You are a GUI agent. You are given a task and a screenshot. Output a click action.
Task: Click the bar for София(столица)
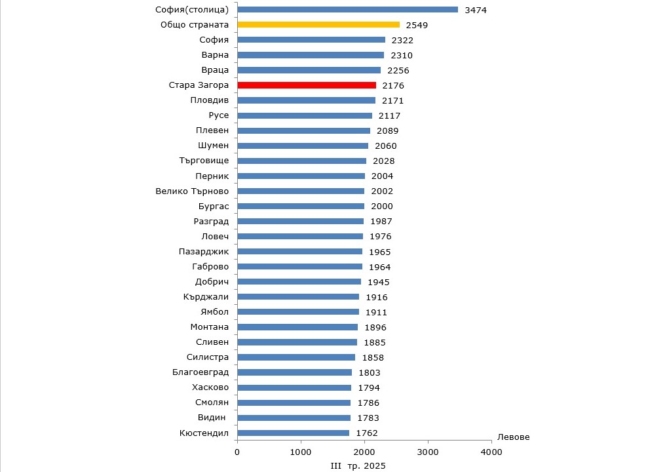pyautogui.click(x=347, y=10)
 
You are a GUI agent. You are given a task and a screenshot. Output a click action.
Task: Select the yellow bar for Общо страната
pyautogui.click(x=318, y=25)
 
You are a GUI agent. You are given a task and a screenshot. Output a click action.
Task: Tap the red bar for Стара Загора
pyautogui.click(x=307, y=85)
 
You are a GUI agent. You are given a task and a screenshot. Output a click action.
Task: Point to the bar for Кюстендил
pyautogui.click(x=293, y=433)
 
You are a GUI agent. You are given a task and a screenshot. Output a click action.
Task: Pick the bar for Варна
pyautogui.click(x=311, y=55)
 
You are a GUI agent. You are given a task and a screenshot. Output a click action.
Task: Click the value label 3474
pyautogui.click(x=476, y=10)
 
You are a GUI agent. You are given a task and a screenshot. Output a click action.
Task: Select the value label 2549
pyautogui.click(x=417, y=26)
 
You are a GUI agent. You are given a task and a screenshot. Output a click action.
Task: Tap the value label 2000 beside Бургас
pyautogui.click(x=382, y=206)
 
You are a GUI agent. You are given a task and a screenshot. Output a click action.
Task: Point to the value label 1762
pyautogui.click(x=367, y=433)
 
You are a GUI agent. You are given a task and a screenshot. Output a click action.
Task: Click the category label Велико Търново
pyautogui.click(x=192, y=191)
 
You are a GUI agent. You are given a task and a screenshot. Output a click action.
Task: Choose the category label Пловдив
pyautogui.click(x=209, y=100)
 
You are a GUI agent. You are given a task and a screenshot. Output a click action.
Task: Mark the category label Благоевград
pyautogui.click(x=200, y=372)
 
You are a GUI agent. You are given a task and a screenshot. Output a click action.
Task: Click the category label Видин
pyautogui.click(x=212, y=418)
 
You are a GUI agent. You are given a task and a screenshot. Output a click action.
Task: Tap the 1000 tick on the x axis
pyautogui.click(x=301, y=452)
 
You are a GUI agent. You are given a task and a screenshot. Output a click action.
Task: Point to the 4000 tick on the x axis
pyautogui.click(x=491, y=452)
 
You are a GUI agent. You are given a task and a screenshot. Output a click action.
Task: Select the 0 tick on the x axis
pyautogui.click(x=237, y=452)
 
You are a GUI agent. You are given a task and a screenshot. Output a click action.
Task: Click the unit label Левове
pyautogui.click(x=514, y=437)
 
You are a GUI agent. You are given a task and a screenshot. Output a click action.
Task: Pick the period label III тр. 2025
pyautogui.click(x=358, y=465)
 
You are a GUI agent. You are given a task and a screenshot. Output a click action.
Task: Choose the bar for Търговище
pyautogui.click(x=301, y=161)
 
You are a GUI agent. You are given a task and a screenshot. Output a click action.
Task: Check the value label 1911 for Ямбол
pyautogui.click(x=376, y=313)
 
